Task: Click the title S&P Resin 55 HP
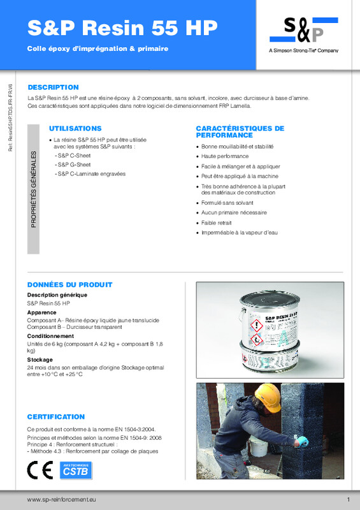pyautogui.click(x=122, y=27)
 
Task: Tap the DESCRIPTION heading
pyautogui.click(x=53, y=87)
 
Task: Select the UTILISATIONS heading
pyautogui.click(x=75, y=128)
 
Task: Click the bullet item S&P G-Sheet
pyautogui.click(x=71, y=164)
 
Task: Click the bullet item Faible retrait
pyautogui.click(x=217, y=222)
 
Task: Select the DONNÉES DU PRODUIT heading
pyautogui.click(x=69, y=284)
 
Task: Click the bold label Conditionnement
pyautogui.click(x=50, y=336)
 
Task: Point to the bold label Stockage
pyautogui.click(x=40, y=360)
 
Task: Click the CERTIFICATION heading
pyautogui.click(x=56, y=416)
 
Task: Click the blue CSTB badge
pyautogui.click(x=75, y=470)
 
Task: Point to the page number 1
pyautogui.click(x=349, y=499)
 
